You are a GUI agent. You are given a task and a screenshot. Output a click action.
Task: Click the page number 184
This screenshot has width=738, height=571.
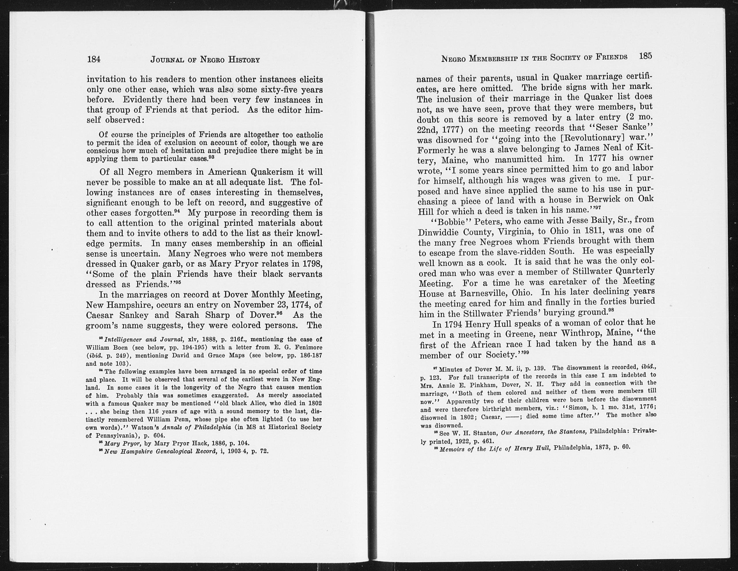click(x=94, y=59)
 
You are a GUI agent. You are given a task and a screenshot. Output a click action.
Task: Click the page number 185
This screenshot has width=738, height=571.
click(x=645, y=56)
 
